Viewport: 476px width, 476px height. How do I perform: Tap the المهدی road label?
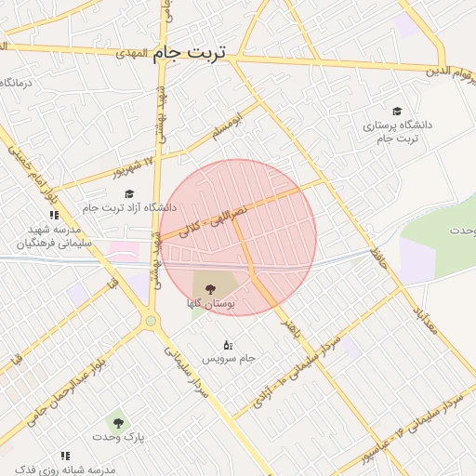(132, 54)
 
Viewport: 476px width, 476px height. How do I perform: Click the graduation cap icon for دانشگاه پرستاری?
(397, 111)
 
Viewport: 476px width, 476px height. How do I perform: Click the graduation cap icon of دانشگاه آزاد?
(130, 193)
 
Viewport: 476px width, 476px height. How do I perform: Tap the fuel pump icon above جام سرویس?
(228, 345)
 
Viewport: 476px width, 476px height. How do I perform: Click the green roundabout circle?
(150, 321)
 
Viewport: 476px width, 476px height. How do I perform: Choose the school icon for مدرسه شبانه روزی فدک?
(65, 456)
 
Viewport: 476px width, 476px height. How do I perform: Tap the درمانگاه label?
(19, 84)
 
